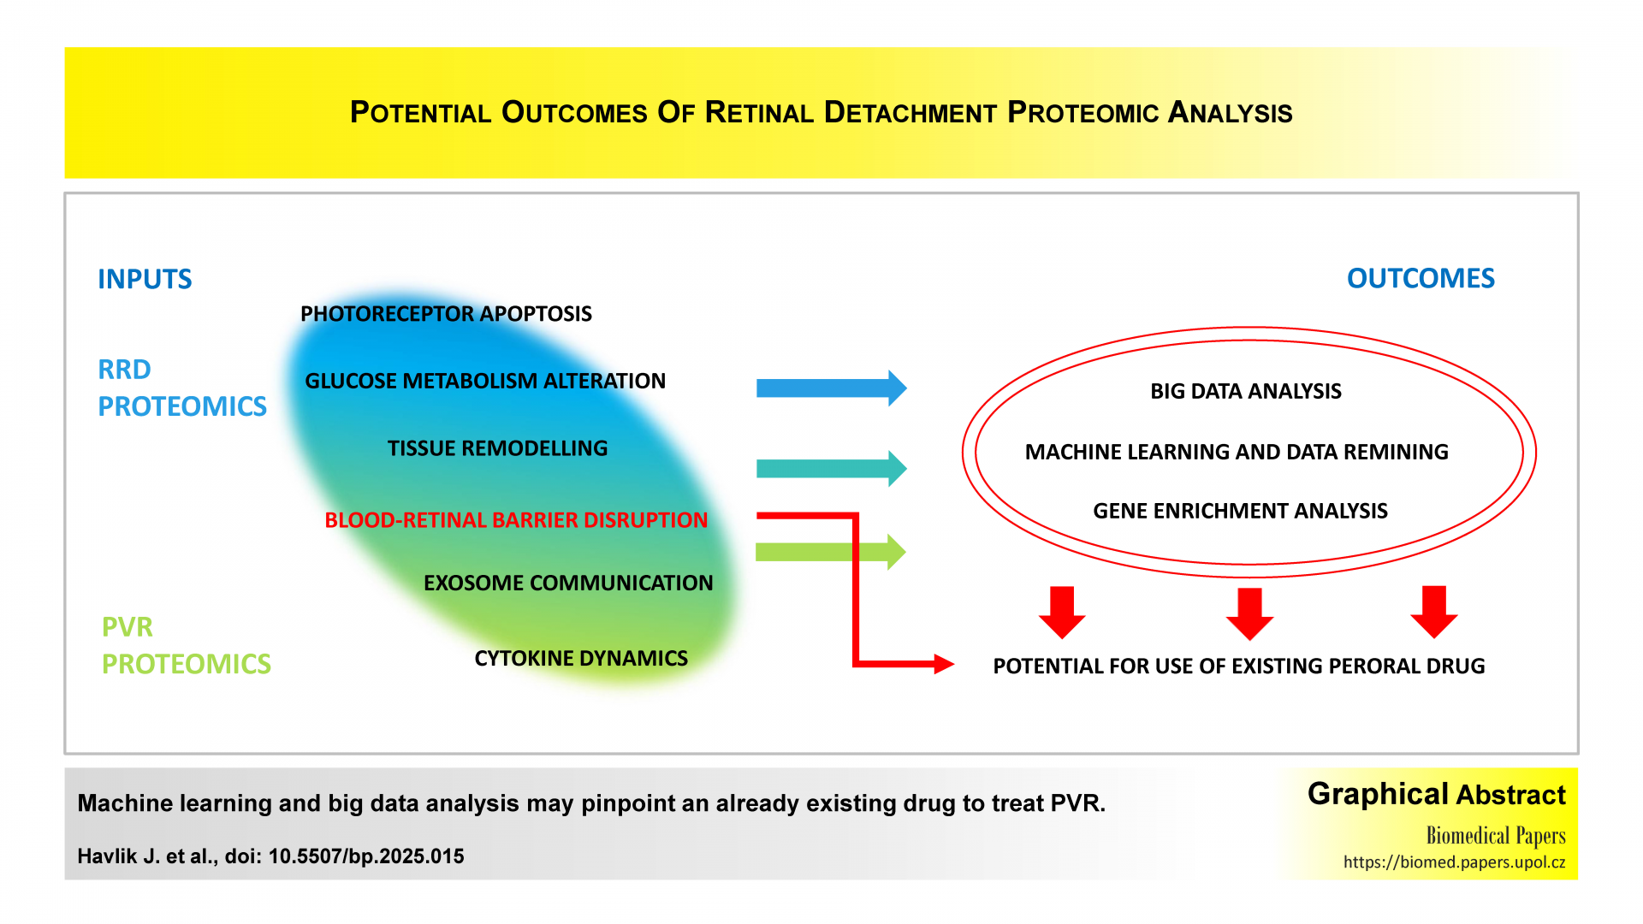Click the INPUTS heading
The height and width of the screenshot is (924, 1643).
(145, 279)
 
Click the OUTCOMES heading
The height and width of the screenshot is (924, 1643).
(1421, 278)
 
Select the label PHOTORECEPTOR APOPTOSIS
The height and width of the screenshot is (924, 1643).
(446, 314)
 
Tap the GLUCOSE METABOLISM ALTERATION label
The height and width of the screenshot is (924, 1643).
(485, 381)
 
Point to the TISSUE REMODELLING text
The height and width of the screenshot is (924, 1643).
(497, 448)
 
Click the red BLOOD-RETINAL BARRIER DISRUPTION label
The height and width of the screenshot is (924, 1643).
(516, 520)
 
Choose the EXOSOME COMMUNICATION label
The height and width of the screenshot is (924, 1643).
(568, 583)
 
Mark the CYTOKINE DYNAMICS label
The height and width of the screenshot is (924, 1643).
(581, 658)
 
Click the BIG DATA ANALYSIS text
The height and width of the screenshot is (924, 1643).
(1245, 391)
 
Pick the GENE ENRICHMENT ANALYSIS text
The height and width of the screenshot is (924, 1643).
(1240, 511)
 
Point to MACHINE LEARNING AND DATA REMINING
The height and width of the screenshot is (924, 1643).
(1237, 452)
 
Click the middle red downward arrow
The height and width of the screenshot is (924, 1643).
(1249, 613)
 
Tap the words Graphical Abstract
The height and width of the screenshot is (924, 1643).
(1436, 794)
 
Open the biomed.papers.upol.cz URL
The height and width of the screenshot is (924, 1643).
(1454, 862)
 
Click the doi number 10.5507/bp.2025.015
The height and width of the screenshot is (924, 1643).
(366, 856)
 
